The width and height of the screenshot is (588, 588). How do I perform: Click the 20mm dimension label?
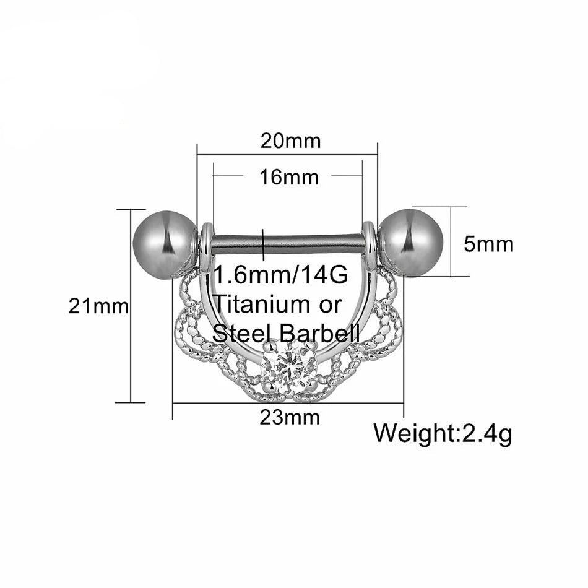click(291, 141)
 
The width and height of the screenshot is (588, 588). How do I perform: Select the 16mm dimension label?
click(289, 178)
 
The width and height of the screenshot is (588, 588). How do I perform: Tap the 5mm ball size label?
click(488, 244)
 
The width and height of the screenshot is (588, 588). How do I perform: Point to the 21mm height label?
click(98, 307)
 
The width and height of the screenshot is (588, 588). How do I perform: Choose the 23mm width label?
click(290, 418)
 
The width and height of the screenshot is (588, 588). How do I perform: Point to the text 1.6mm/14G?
click(281, 275)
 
